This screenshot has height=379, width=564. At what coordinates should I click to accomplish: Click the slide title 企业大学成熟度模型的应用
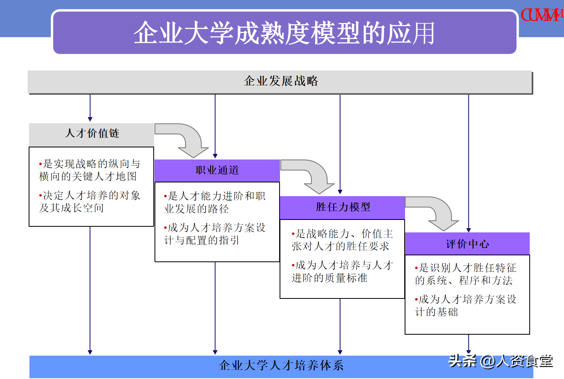pyautogui.click(x=284, y=33)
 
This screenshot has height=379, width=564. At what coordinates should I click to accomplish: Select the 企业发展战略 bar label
pyautogui.click(x=281, y=81)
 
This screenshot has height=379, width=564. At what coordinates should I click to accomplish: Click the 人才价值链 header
pyautogui.click(x=92, y=133)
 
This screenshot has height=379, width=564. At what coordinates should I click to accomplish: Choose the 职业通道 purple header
pyautogui.click(x=217, y=170)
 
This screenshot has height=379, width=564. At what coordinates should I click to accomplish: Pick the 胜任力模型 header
pyautogui.click(x=343, y=207)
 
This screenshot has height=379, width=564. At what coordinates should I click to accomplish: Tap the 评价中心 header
pyautogui.click(x=468, y=244)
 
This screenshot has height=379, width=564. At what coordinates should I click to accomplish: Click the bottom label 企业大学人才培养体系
pyautogui.click(x=281, y=365)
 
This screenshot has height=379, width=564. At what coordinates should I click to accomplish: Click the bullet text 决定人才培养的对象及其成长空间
pyautogui.click(x=90, y=202)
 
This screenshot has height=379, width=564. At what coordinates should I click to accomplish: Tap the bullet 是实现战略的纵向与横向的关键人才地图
pyautogui.click(x=90, y=170)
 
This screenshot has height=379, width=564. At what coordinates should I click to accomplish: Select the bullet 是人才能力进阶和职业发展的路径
pyautogui.click(x=215, y=202)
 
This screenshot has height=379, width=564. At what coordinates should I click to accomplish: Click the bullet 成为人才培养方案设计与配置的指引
pyautogui.click(x=215, y=234)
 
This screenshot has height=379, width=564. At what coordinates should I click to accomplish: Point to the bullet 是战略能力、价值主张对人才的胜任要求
pyautogui.click(x=343, y=240)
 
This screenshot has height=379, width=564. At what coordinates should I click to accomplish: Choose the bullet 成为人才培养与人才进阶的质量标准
pyautogui.click(x=343, y=272)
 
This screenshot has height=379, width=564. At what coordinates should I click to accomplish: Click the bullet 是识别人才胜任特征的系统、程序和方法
pyautogui.click(x=466, y=274)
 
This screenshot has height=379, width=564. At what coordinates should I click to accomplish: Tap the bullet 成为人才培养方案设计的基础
pyautogui.click(x=466, y=306)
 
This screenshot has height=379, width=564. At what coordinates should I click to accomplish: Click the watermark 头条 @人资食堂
pyautogui.click(x=501, y=361)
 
